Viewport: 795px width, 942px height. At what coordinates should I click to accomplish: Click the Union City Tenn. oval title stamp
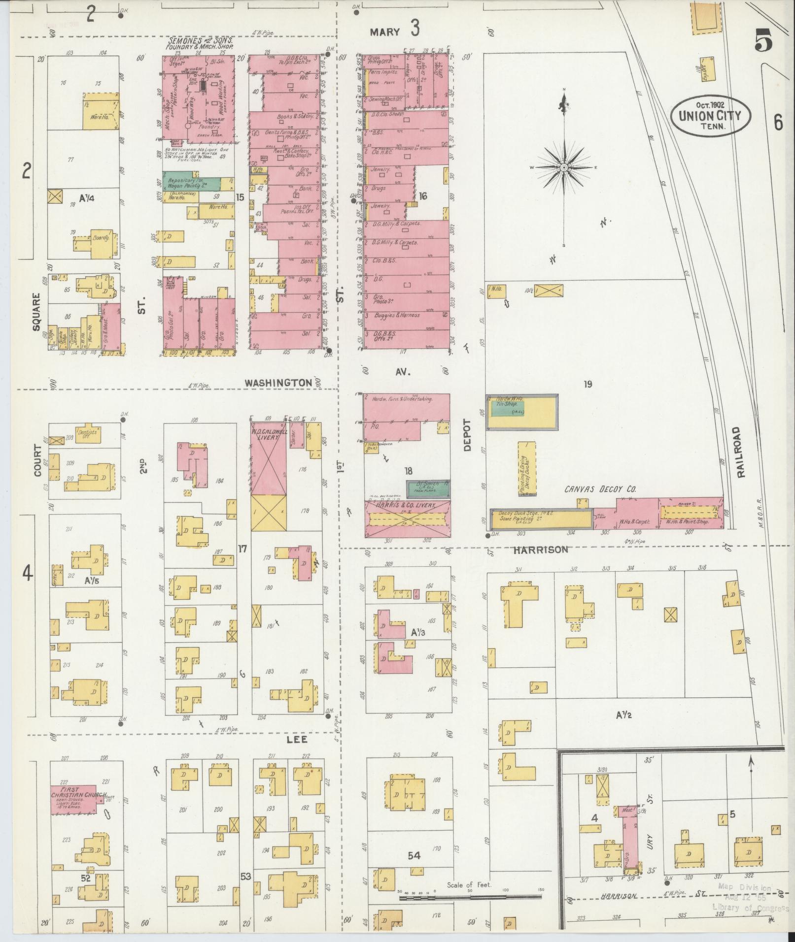point(710,116)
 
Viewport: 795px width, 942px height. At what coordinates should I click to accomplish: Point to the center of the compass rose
point(563,168)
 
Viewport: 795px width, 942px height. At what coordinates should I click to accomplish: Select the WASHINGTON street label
point(279,383)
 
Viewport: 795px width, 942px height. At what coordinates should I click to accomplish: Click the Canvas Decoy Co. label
point(600,489)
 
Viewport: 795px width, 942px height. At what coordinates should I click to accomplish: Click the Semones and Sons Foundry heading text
point(200,43)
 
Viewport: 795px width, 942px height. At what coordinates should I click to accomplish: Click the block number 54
point(414,856)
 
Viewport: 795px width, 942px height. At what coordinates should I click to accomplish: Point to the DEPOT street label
point(467,435)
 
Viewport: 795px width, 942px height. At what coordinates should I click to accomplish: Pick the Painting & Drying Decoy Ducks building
point(526,468)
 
